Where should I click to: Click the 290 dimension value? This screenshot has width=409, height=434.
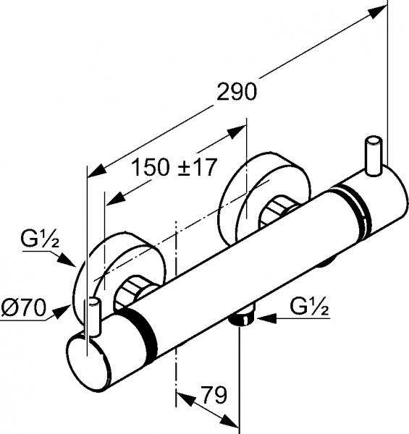(x=236, y=92)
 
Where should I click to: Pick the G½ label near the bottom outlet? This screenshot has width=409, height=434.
(x=311, y=307)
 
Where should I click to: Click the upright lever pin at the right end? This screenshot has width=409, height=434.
(x=375, y=155)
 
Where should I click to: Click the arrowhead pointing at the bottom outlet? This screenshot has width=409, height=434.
(x=258, y=315)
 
